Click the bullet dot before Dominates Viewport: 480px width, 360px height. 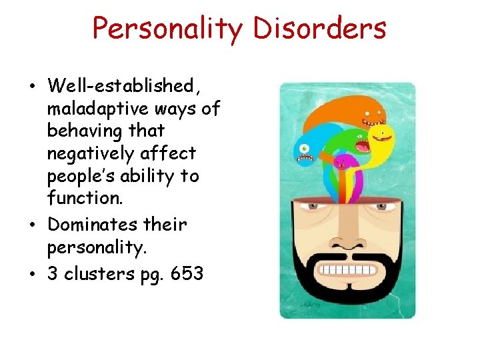(33, 224)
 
